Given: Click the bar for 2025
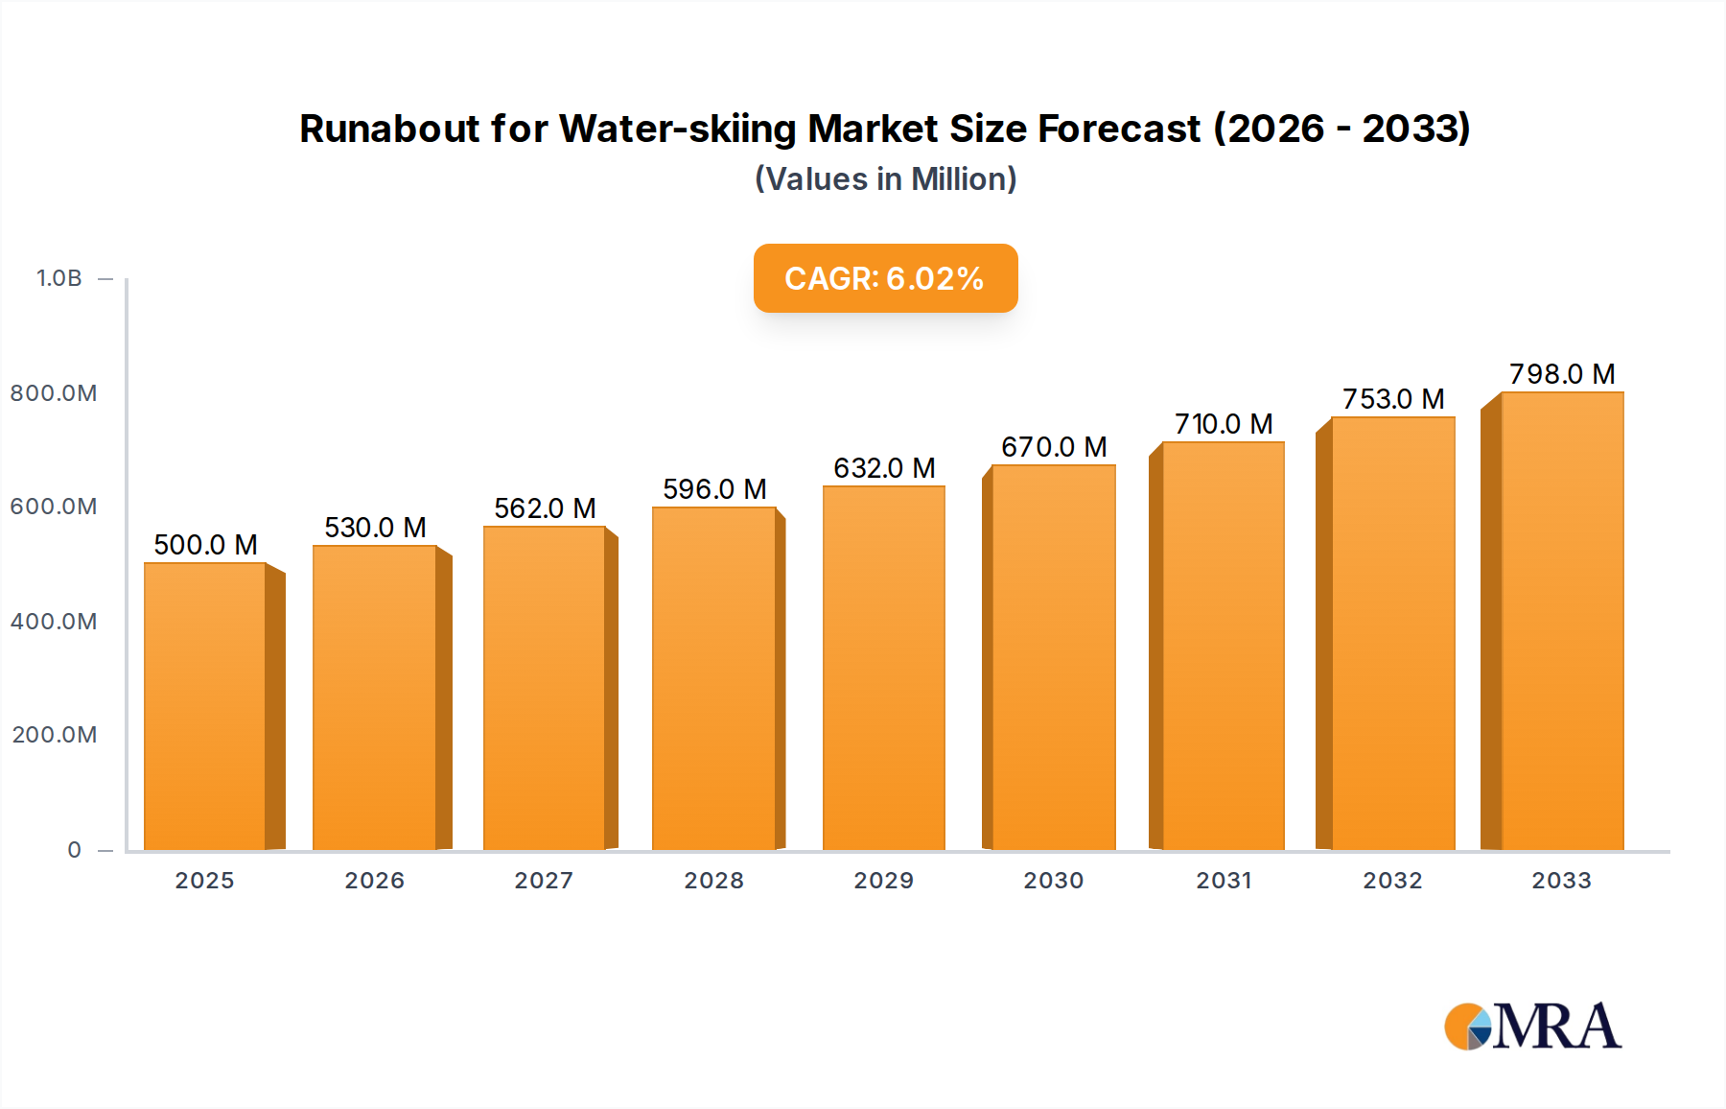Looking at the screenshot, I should click(x=205, y=706).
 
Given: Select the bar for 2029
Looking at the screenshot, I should click(x=884, y=668).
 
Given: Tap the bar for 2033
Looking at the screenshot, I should click(x=1562, y=621).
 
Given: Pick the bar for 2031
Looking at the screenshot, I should click(x=1223, y=646).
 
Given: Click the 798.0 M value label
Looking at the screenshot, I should click(x=1562, y=374).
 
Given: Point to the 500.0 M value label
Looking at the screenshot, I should click(x=205, y=545).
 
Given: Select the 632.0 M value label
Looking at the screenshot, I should click(x=884, y=468).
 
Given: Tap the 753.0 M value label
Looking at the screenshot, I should click(x=1393, y=399).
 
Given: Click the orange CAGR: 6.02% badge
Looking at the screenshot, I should click(x=885, y=278).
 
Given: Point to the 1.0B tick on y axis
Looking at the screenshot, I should click(x=59, y=278).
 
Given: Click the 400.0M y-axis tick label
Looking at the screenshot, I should click(x=54, y=622).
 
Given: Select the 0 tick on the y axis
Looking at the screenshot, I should click(x=75, y=850).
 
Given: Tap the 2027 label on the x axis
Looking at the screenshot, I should click(x=544, y=881).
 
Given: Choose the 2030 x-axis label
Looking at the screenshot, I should click(x=1053, y=881).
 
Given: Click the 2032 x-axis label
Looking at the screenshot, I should click(x=1392, y=881).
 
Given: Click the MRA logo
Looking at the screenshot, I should click(x=1532, y=1026).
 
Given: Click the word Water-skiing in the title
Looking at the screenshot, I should click(x=678, y=129).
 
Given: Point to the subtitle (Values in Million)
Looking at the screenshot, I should click(x=885, y=179).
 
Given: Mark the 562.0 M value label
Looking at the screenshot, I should click(x=545, y=508).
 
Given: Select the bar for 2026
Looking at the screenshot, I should click(x=375, y=697).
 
